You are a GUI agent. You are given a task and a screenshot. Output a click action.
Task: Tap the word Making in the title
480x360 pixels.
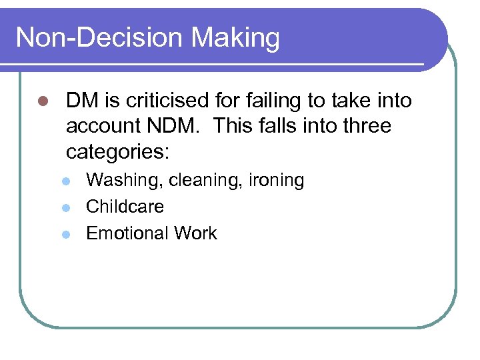[235, 39]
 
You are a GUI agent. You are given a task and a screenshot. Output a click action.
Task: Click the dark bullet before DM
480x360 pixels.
[44, 102]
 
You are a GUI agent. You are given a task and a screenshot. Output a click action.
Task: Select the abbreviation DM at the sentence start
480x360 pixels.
[81, 101]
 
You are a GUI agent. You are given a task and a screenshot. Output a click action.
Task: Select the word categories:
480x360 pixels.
[118, 153]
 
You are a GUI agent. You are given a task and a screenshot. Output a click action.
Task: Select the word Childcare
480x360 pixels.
[125, 207]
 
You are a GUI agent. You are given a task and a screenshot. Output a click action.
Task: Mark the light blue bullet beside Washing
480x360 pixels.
[65, 181]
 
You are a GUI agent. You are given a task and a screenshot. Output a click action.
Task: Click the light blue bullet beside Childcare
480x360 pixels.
[65, 207]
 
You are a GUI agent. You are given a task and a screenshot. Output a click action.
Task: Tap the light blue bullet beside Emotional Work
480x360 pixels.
[65, 233]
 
